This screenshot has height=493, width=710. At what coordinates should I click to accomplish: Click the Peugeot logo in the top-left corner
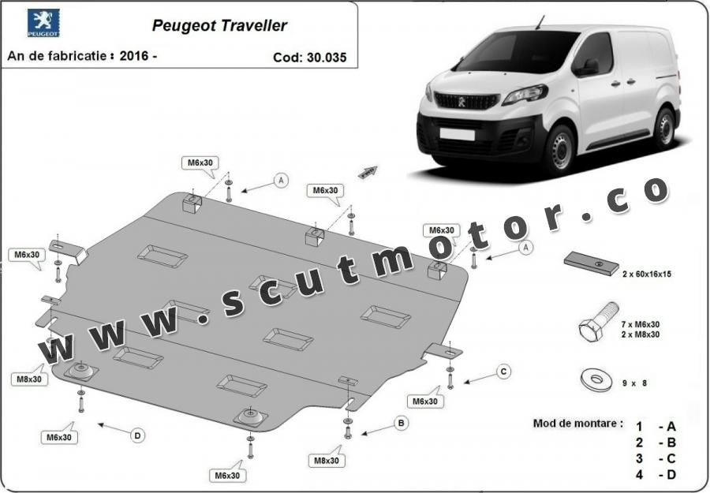pos(43,23)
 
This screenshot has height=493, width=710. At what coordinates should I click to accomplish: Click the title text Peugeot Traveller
pos(219,25)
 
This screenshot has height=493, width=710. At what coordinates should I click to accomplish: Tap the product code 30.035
pos(326,58)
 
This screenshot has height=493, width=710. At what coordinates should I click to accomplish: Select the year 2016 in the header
pos(134,56)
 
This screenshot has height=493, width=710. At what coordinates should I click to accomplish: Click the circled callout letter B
pos(401,424)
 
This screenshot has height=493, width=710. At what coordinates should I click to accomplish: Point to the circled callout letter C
pos(503,372)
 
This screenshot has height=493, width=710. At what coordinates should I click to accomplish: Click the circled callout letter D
pos(137,435)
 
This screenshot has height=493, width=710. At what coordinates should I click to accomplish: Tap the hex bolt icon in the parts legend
pos(598,322)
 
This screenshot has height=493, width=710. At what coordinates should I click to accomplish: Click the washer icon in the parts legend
pos(596,379)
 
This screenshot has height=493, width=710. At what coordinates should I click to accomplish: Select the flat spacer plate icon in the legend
pos(592,263)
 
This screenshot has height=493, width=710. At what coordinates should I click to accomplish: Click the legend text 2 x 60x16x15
pos(647,274)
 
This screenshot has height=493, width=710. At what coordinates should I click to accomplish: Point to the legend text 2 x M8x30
pos(641,334)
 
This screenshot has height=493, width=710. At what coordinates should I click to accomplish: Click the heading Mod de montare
pos(577,424)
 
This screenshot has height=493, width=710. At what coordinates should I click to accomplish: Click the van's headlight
pos(525,94)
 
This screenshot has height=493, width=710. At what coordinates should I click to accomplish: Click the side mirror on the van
pos(587,67)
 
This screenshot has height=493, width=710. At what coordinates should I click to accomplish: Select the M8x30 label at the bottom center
pos(326,461)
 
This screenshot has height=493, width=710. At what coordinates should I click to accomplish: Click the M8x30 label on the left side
pos(29,379)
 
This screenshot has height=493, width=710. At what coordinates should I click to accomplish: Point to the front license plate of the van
pos(457,134)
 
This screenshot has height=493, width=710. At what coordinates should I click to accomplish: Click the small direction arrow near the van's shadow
pos(368,172)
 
